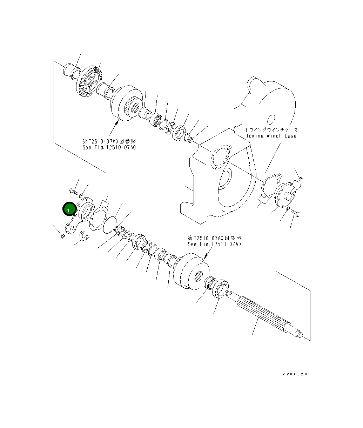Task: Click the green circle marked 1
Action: click(x=69, y=209)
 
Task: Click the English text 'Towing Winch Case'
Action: click(x=271, y=136)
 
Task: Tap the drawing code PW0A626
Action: click(x=295, y=374)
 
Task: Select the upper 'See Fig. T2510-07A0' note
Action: click(x=109, y=147)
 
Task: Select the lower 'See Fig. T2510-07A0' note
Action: click(x=214, y=244)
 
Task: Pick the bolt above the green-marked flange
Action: click(x=73, y=191)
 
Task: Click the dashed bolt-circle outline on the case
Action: click(x=220, y=158)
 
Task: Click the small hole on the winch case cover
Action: click(x=271, y=119)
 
